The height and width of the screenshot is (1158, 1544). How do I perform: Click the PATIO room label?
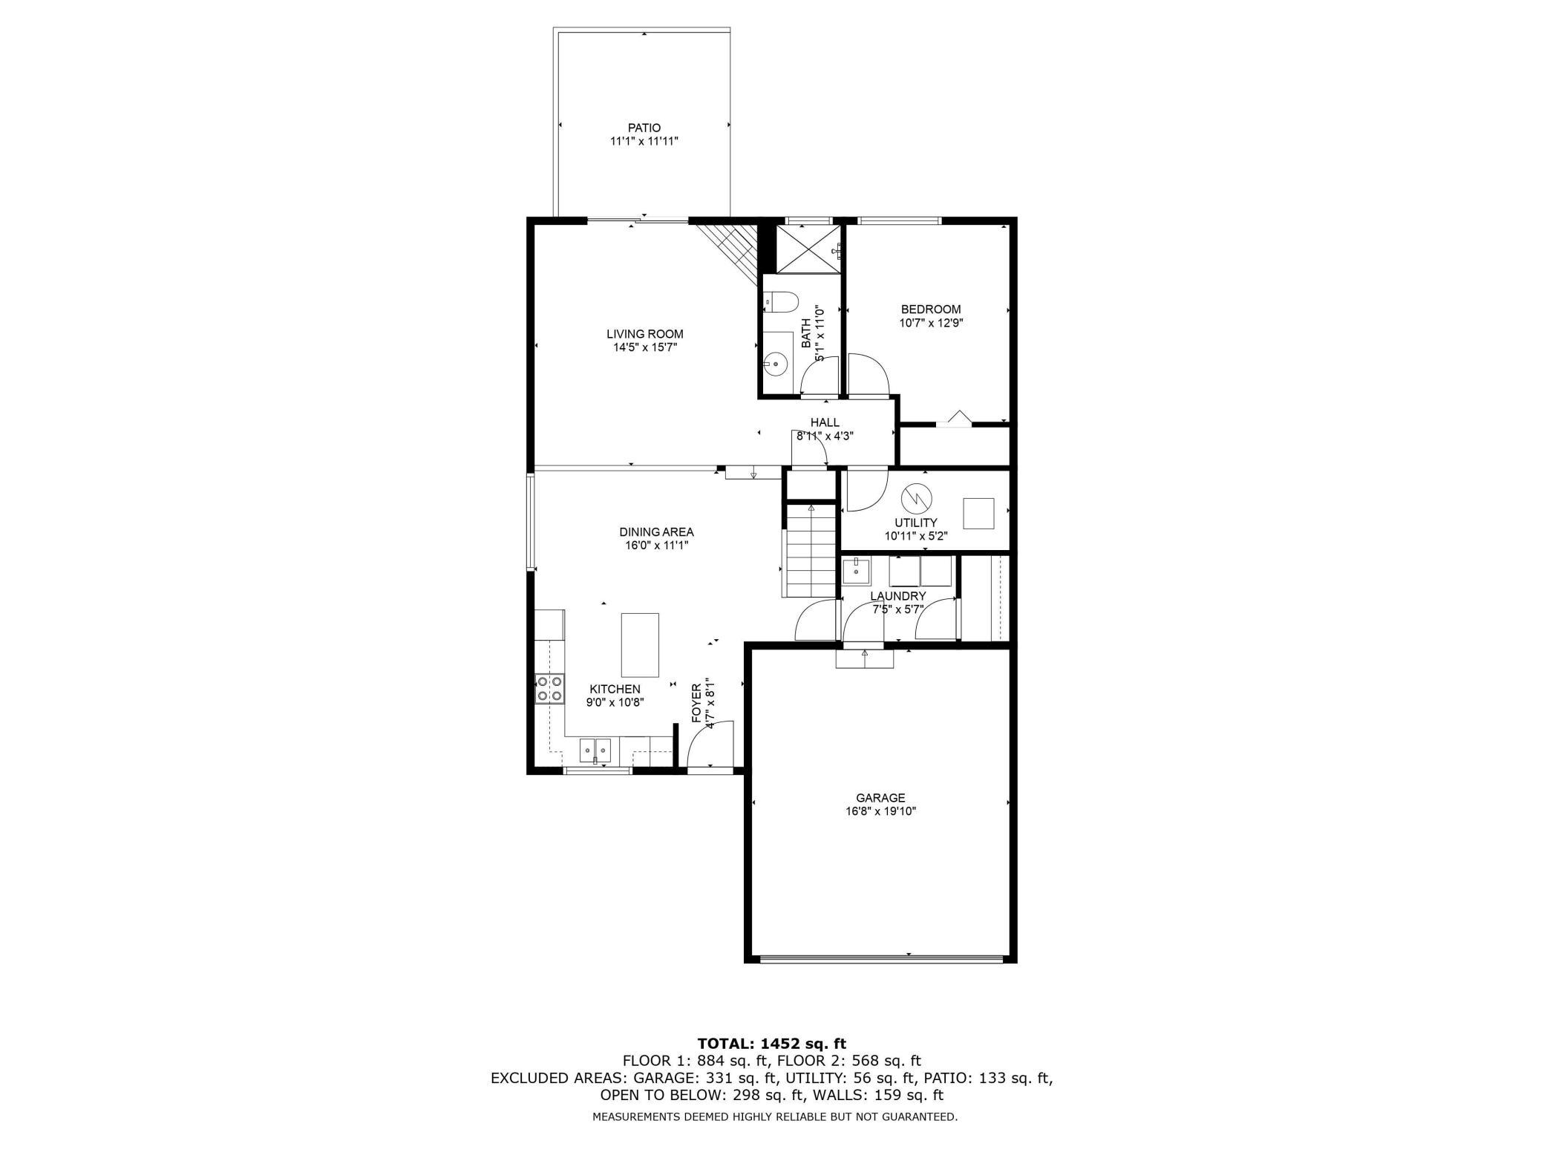(x=644, y=128)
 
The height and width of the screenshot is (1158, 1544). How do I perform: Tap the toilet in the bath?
(x=782, y=302)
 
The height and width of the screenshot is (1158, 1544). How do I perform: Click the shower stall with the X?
(x=808, y=249)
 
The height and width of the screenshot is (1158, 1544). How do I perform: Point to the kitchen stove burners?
(x=549, y=689)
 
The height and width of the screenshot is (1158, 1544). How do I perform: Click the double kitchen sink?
(x=595, y=750)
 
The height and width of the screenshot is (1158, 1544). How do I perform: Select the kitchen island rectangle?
(x=640, y=645)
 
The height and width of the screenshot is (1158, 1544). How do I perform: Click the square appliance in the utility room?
(x=978, y=513)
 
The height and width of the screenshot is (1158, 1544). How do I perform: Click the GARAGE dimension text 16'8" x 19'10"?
(x=880, y=811)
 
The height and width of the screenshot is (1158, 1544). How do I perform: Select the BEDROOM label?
(x=931, y=310)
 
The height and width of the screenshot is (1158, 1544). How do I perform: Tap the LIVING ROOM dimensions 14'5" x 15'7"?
(x=644, y=347)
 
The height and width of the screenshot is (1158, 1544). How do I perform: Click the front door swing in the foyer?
(x=709, y=745)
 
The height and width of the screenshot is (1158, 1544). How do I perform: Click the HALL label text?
(x=825, y=422)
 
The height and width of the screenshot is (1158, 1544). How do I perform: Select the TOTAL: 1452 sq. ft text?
(x=771, y=1044)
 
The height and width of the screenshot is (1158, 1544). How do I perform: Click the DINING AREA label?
(x=656, y=531)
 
